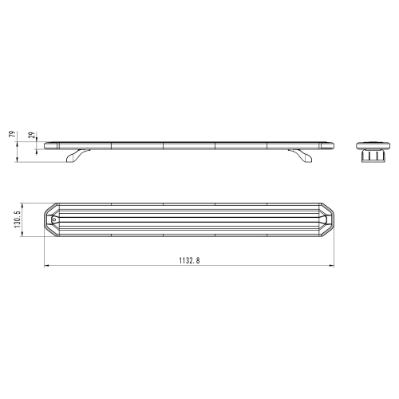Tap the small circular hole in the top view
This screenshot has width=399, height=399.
[x=53, y=218]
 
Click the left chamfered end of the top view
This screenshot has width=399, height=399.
[x=49, y=218]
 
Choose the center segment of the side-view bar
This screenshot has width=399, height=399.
[x=188, y=145]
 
